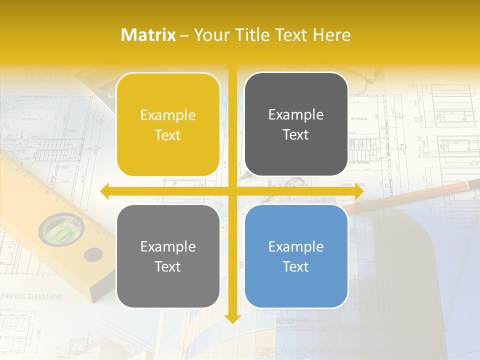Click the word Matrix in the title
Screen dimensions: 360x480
pos(148,35)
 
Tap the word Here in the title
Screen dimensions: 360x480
pos(331,35)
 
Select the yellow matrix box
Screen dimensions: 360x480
pos(168,124)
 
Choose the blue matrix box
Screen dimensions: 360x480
pos(296,256)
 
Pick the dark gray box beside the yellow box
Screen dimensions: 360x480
pos(296,124)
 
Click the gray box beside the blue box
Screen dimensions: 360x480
pos(168,256)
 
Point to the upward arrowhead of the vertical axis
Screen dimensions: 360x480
pos(232,65)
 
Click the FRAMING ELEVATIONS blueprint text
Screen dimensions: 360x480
pos(31,296)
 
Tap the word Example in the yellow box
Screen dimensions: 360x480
pos(168,115)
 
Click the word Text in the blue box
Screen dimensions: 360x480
pos(296,266)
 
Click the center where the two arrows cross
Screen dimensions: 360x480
pos(232,191)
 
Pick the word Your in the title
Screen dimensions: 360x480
pos(210,35)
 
